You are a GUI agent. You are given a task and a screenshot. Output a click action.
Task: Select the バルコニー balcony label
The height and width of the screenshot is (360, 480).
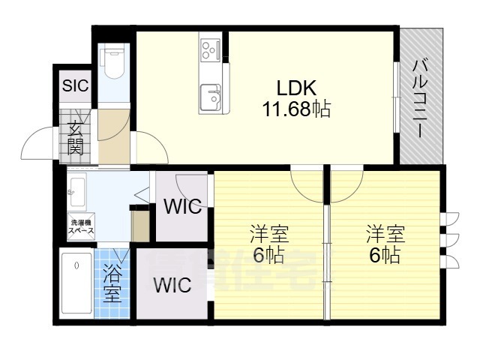click(419, 97)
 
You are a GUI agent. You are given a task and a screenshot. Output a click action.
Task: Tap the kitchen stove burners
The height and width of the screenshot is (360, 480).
click(209, 50)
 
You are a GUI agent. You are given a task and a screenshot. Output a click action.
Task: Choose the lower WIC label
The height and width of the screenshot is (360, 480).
click(172, 286)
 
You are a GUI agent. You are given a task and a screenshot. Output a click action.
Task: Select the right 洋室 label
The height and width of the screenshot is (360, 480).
click(384, 233)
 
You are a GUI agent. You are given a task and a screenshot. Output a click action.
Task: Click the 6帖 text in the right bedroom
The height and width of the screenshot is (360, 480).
click(384, 255)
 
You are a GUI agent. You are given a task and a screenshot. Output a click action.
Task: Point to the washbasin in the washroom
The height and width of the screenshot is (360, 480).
click(75, 193)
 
